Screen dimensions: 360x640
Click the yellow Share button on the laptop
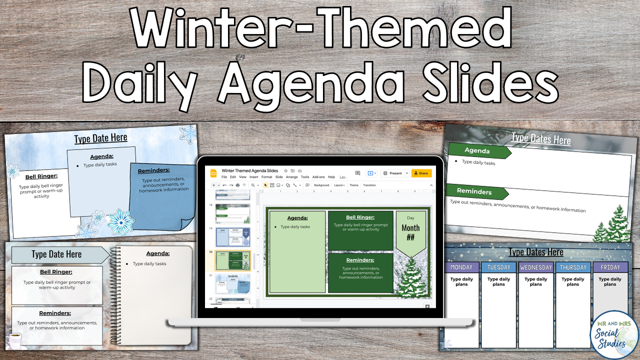[421, 173]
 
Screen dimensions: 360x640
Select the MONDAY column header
[461, 267]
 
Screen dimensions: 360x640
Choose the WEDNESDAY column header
[535, 267]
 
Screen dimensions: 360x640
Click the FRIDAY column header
[610, 267]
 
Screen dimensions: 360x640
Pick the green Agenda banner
[479, 150]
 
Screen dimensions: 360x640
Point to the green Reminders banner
[476, 192]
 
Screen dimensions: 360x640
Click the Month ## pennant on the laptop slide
[410, 232]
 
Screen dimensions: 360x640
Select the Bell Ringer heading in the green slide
[360, 217]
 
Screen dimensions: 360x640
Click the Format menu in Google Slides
[266, 177]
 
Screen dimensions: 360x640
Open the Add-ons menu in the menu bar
[318, 177]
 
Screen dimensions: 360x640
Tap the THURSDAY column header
[573, 267]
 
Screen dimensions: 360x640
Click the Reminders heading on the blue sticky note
[153, 170]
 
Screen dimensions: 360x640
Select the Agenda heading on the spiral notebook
[157, 253]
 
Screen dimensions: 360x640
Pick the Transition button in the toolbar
[369, 185]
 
